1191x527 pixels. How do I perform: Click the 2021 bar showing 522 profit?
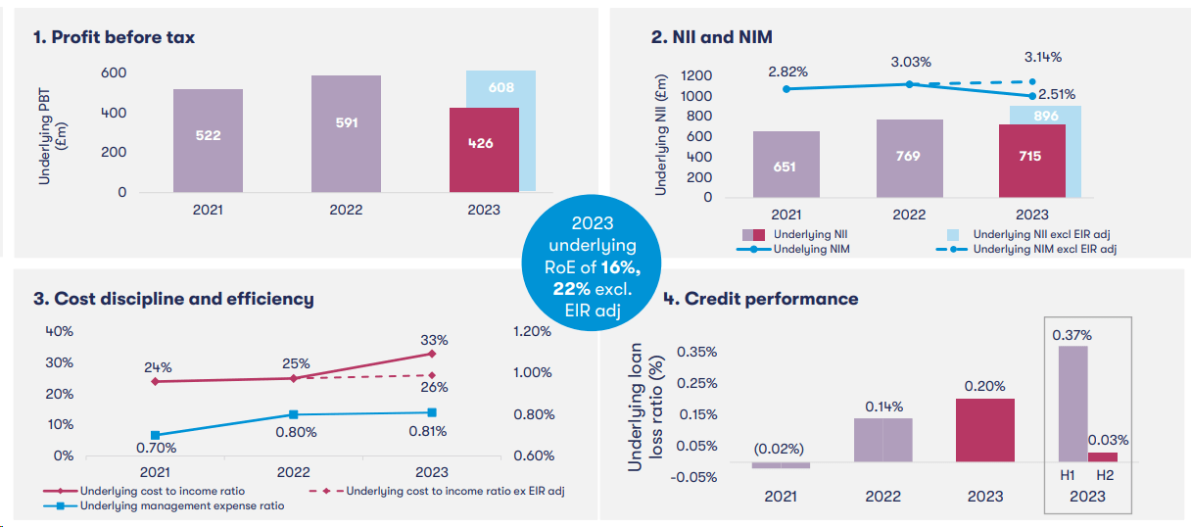click(208, 140)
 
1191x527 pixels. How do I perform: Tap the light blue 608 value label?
click(500, 88)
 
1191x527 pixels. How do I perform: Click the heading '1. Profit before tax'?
click(114, 37)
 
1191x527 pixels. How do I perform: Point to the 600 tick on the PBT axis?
click(114, 73)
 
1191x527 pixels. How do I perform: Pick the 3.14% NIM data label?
click(1042, 57)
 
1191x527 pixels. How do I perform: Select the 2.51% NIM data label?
click(1057, 95)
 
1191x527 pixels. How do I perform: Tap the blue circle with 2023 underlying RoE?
click(591, 263)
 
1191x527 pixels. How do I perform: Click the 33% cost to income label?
click(434, 340)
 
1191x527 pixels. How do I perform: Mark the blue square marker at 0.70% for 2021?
click(156, 435)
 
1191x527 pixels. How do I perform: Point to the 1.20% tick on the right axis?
click(532, 331)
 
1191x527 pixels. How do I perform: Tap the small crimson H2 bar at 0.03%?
click(1103, 456)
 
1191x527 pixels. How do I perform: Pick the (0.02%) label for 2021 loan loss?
click(779, 449)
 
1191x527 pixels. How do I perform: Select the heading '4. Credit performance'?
click(761, 299)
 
